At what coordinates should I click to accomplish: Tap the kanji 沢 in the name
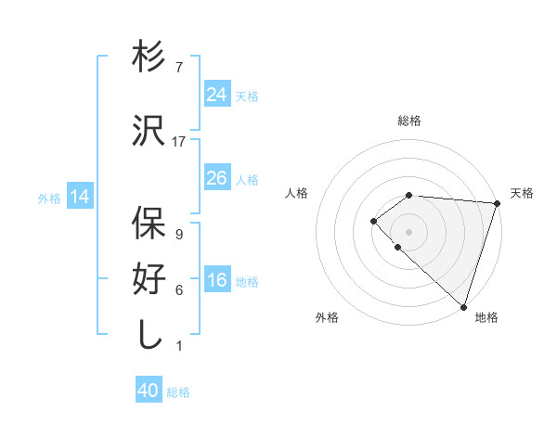click(x=149, y=131)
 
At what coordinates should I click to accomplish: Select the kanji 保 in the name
click(x=149, y=224)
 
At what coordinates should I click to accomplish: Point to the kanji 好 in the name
click(x=149, y=279)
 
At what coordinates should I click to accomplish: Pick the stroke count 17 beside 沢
click(x=179, y=142)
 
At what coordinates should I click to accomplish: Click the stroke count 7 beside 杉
click(x=179, y=69)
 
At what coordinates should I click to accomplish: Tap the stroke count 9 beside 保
click(x=179, y=235)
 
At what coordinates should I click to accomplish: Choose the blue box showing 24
click(x=217, y=94)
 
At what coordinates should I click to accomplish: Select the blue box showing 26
click(x=217, y=177)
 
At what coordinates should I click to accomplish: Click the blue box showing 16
click(x=217, y=280)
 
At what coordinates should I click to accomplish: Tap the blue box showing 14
click(x=80, y=197)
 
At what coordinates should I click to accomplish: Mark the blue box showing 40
click(x=149, y=391)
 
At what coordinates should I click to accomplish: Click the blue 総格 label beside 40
click(x=179, y=393)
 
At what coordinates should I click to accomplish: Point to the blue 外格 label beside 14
click(x=49, y=198)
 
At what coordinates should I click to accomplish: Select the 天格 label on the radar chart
click(x=522, y=193)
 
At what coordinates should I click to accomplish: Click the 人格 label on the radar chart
click(x=297, y=193)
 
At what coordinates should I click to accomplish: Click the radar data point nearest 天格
click(x=497, y=203)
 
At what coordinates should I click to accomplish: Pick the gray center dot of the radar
click(x=408, y=231)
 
